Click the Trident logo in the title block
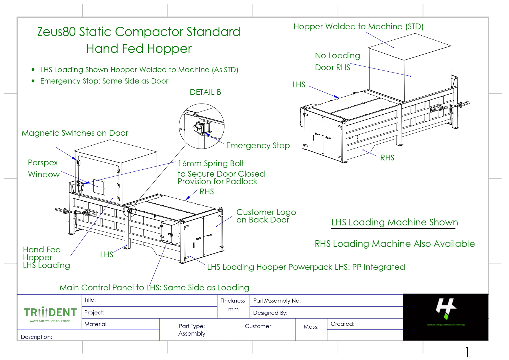point(50,313)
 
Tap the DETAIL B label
point(205,92)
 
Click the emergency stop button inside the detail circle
point(198,128)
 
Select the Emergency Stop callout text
point(258,145)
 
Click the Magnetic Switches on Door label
point(75,133)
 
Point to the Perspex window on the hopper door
point(99,187)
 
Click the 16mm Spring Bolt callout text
point(211,163)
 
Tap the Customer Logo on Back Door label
point(266,216)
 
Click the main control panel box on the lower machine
point(170,232)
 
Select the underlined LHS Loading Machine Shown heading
point(394,222)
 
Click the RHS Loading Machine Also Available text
point(394,244)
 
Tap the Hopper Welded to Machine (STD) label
point(358,27)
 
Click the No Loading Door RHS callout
point(337,61)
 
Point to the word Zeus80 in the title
point(56,32)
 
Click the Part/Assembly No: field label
point(277,301)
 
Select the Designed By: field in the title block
point(270,313)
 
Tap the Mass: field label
point(311,327)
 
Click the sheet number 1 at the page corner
point(467,352)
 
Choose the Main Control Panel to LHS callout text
point(154,287)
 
